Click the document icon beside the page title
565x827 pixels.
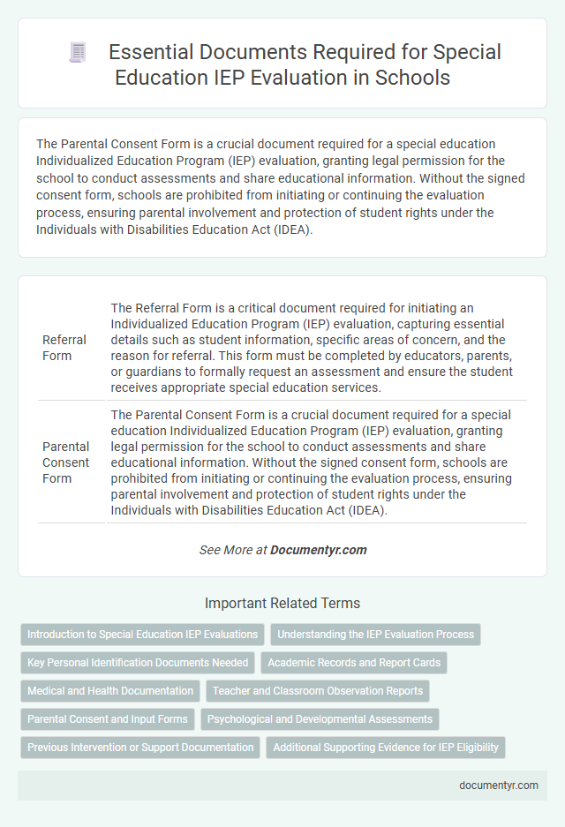77,53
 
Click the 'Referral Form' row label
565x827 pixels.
64,348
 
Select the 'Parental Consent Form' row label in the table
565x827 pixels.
66,462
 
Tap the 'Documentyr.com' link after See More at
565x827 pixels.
318,549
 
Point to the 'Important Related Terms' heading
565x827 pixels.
282,604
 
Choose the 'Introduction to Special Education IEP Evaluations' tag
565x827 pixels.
142,634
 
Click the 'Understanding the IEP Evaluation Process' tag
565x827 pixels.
376,634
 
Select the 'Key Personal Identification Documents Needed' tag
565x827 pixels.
138,662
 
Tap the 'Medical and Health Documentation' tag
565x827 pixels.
110,690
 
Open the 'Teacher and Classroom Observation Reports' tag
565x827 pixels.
318,690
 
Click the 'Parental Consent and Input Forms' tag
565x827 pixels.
108,718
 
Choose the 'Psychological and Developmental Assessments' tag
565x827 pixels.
320,718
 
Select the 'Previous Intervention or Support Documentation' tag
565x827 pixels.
140,747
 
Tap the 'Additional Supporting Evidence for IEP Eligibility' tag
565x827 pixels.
386,747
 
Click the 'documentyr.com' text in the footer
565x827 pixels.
500,785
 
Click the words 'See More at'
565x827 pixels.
233,549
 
